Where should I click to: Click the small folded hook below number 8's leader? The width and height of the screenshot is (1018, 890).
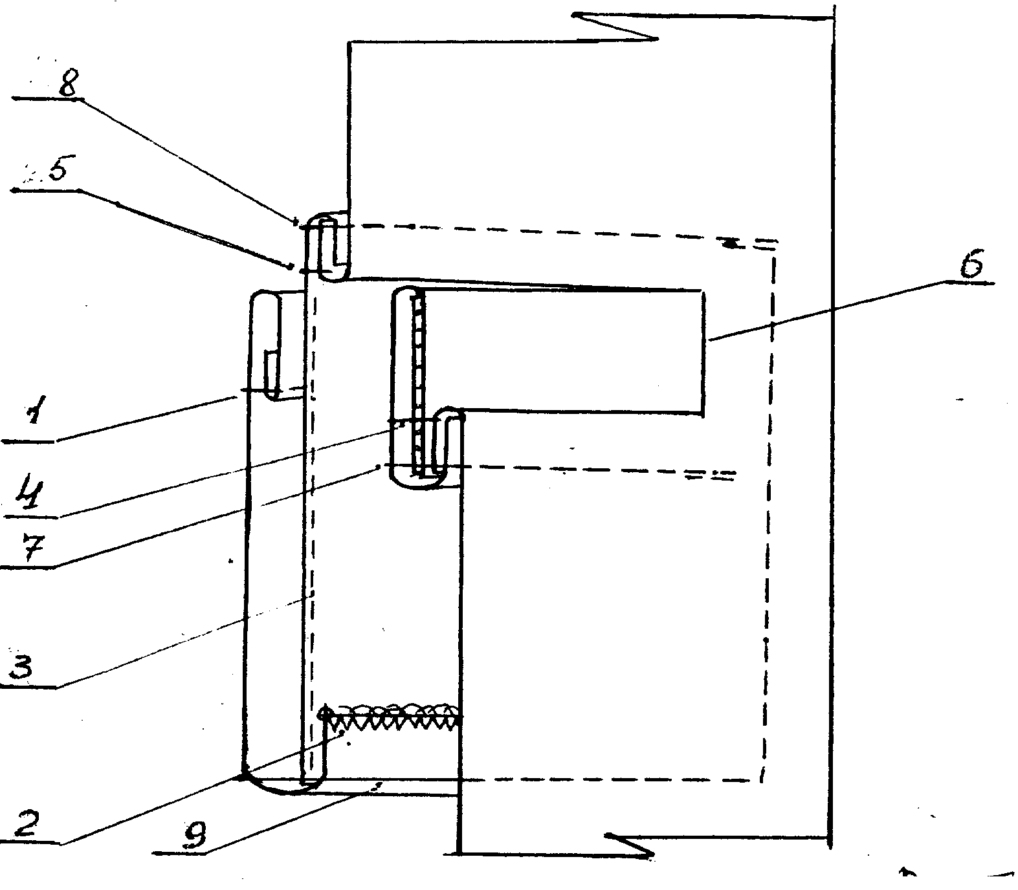[329, 249]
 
